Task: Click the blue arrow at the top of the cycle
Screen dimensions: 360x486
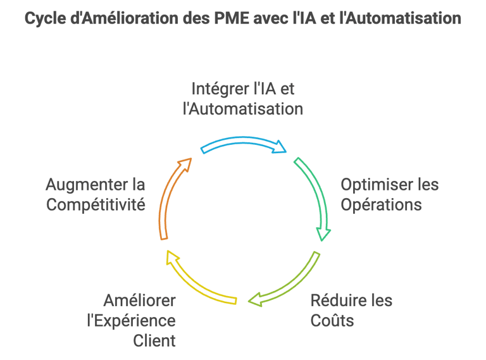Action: (244, 143)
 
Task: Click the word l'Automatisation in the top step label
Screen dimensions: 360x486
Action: (242, 109)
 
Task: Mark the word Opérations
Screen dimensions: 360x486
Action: (381, 206)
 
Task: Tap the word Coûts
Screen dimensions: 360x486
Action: (332, 320)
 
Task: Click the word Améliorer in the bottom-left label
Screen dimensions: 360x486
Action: (139, 299)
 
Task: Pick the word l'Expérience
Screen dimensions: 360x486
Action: (131, 320)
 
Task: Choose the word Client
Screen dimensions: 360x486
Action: (154, 341)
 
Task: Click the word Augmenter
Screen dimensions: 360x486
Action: (87, 185)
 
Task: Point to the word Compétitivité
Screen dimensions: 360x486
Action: (96, 206)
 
